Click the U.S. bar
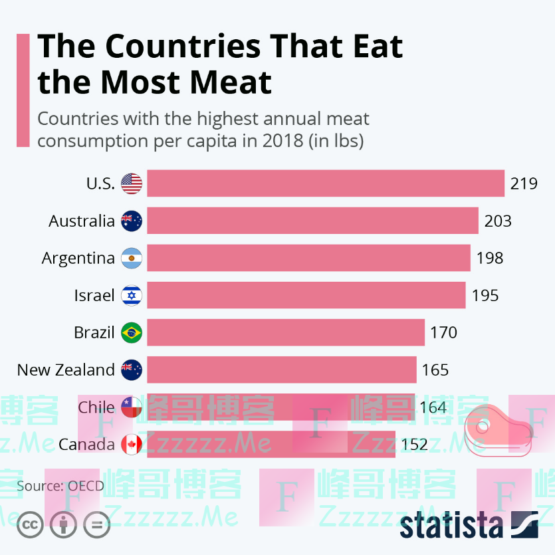click(x=325, y=183)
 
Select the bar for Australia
click(x=312, y=221)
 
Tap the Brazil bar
click(x=285, y=332)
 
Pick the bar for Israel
click(x=306, y=295)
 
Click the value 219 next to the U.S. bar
click(x=524, y=183)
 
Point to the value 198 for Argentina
click(x=490, y=258)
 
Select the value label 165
click(x=435, y=370)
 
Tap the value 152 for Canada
click(x=415, y=444)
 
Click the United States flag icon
click(x=132, y=183)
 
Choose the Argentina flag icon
click(x=132, y=258)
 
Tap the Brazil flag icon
click(x=132, y=332)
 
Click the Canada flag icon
click(x=132, y=444)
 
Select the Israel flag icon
click(x=132, y=295)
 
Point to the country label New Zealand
click(x=66, y=370)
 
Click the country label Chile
click(x=96, y=407)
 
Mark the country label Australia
click(x=82, y=221)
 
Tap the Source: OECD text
click(x=60, y=486)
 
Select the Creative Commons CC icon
click(x=30, y=525)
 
